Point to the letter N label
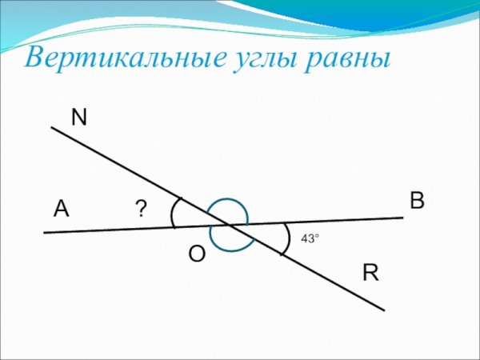click(78, 118)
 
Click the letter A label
click(61, 210)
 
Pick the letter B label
click(417, 201)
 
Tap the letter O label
click(197, 254)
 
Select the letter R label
click(370, 273)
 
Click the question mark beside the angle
click(141, 210)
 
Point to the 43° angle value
click(310, 238)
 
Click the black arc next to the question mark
click(173, 213)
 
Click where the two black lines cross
click(230, 226)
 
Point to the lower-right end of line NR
click(384, 310)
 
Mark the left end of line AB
click(45, 232)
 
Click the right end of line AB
click(402, 218)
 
